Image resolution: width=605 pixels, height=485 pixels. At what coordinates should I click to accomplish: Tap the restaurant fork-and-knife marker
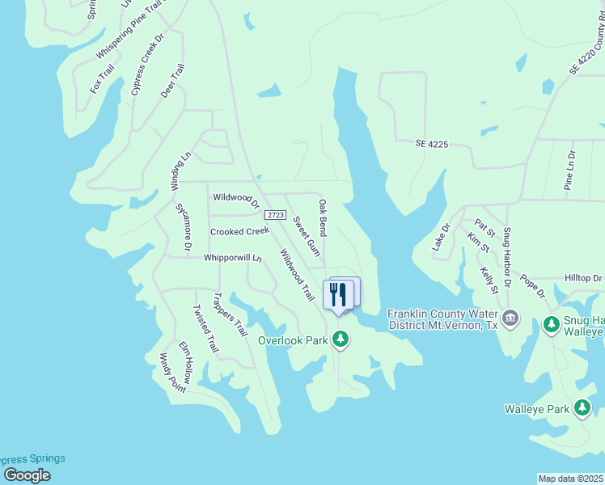[x=338, y=294]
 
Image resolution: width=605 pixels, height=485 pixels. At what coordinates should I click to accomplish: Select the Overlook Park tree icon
[x=341, y=340]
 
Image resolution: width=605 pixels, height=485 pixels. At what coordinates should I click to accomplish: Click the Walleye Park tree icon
[x=582, y=409]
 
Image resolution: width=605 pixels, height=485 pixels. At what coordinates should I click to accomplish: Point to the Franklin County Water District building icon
[x=510, y=318]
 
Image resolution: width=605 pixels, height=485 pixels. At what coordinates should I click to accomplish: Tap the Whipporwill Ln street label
[x=234, y=259]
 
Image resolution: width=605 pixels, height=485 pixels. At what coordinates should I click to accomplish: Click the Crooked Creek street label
[x=239, y=231]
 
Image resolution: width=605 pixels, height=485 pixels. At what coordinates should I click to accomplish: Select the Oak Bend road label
[x=323, y=217]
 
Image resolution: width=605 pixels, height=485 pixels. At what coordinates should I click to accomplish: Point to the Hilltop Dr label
[x=584, y=278]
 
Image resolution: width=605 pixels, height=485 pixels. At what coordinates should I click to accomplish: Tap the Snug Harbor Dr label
[x=507, y=258]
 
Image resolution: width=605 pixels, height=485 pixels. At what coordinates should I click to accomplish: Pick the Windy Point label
[x=172, y=373]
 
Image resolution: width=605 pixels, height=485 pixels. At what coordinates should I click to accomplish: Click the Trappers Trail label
[x=229, y=314]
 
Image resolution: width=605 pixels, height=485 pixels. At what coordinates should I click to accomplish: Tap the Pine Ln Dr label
[x=570, y=170]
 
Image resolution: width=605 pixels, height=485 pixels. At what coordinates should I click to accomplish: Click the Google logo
[x=27, y=474]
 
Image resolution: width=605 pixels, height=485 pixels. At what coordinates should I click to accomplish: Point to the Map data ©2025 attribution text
[x=570, y=479]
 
